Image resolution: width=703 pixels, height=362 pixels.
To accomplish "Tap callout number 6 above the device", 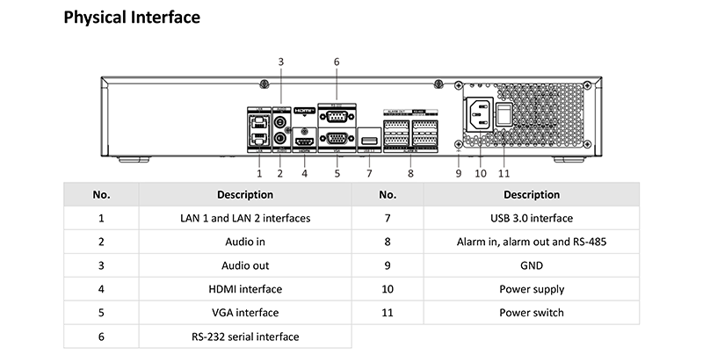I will (x=337, y=62).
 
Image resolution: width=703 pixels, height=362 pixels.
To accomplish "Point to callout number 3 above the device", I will (x=281, y=62).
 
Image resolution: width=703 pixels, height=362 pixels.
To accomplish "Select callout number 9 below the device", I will (x=458, y=173).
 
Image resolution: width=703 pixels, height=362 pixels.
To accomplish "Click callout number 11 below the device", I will (x=504, y=173).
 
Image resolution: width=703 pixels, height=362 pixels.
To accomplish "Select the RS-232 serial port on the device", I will (x=336, y=117).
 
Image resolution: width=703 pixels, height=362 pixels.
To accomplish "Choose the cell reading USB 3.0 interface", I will (x=532, y=217).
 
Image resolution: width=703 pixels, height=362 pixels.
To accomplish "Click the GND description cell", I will (x=532, y=264).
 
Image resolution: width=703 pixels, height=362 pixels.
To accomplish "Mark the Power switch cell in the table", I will (x=532, y=312).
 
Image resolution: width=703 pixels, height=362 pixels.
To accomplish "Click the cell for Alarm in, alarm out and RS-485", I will (x=532, y=241).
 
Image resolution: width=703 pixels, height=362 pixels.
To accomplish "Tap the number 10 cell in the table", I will (x=388, y=288).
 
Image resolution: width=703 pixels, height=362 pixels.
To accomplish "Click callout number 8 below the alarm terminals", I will (x=410, y=173).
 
